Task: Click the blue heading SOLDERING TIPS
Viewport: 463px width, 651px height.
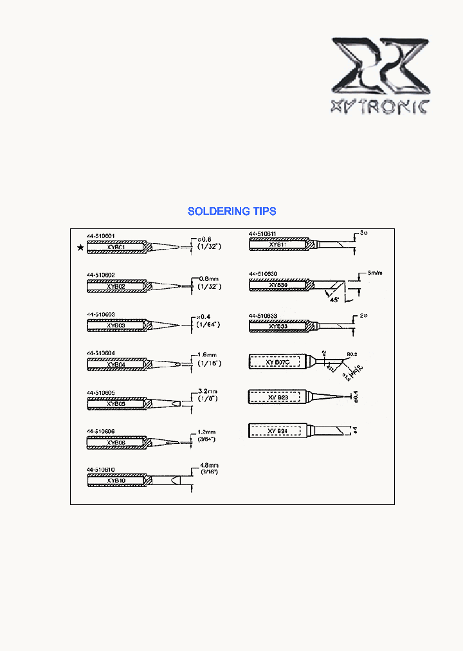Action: click(232, 211)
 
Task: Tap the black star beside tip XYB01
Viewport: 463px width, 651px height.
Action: click(80, 248)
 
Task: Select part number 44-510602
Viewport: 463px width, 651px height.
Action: click(101, 275)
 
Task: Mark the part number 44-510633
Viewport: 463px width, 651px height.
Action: click(263, 315)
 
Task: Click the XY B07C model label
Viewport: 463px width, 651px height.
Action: click(278, 363)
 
